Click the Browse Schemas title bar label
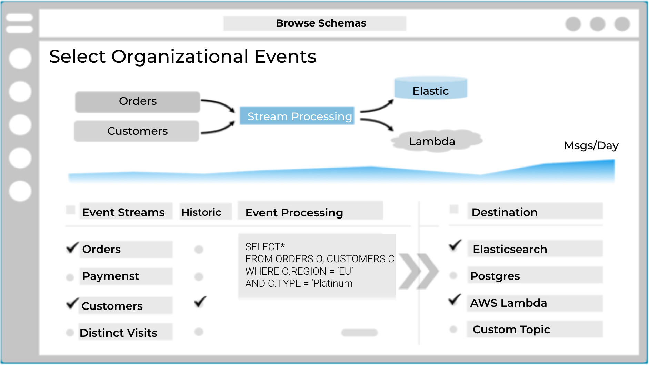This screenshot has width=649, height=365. (x=321, y=23)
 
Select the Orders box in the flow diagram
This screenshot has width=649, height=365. (x=138, y=101)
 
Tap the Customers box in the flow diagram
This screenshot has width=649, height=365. (x=137, y=131)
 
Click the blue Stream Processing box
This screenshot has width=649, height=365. (x=297, y=116)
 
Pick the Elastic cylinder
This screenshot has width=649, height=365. (x=430, y=89)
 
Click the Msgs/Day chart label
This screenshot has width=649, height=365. (x=591, y=145)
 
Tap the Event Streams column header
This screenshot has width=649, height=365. (x=123, y=212)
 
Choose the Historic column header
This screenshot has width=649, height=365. (x=201, y=212)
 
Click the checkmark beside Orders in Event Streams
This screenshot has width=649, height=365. (x=72, y=247)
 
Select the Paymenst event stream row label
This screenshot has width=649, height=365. (x=111, y=276)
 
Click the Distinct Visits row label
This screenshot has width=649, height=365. (x=118, y=333)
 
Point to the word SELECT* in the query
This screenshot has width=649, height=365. (x=265, y=247)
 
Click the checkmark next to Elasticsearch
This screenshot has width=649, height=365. (x=455, y=245)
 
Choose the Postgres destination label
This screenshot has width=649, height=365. (x=495, y=276)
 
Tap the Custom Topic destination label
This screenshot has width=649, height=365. (x=511, y=329)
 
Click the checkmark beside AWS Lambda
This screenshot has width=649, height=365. (x=455, y=300)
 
